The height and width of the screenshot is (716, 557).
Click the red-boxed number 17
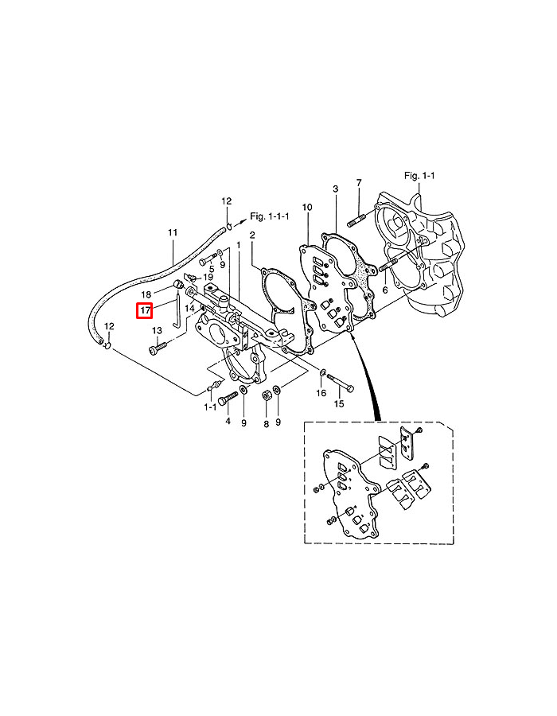[x=145, y=311]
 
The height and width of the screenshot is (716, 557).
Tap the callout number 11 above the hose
[x=173, y=232]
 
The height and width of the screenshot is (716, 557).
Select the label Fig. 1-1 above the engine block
[x=419, y=175]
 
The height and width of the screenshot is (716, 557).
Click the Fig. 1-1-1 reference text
[x=270, y=216]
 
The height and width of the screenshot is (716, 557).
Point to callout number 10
[x=307, y=208]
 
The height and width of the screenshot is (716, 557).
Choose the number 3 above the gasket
[x=336, y=189]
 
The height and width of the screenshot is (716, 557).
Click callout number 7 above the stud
[x=359, y=183]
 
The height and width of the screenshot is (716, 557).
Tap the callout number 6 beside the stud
[x=385, y=290]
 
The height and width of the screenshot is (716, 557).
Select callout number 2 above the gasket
[x=252, y=235]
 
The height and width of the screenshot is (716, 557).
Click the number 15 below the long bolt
[x=339, y=403]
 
